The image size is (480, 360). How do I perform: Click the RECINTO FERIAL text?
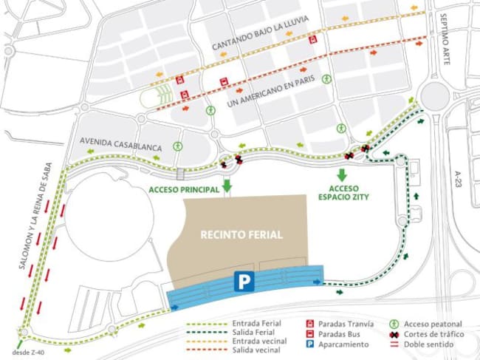point(241,236)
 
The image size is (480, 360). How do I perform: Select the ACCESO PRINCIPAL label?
point(184,190)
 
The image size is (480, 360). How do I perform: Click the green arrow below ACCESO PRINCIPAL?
point(227,185)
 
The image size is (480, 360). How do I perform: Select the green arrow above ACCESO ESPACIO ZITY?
point(341,175)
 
